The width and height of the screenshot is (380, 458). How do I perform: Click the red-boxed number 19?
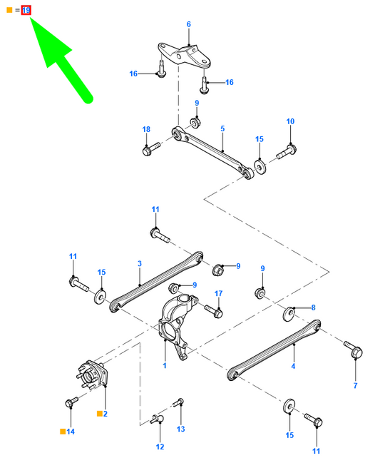point(26,11)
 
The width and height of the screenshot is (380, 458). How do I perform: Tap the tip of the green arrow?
point(30,17)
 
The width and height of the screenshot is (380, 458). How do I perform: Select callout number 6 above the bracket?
point(189,24)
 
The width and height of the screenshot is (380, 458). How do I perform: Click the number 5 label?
point(222,128)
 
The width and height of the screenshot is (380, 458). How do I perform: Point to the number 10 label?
point(290,121)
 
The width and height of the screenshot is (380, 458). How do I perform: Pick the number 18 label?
point(146,129)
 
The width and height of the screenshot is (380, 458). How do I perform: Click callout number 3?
point(140,263)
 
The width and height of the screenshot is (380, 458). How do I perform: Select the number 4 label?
point(293,366)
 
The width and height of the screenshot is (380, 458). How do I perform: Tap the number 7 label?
point(356,385)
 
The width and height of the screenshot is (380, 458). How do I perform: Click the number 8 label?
point(314,307)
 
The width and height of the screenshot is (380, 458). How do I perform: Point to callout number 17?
point(219,293)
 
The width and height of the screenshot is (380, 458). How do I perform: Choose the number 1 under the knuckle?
point(165,365)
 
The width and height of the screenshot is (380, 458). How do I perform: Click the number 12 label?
point(160,447)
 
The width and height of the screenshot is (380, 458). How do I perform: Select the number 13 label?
point(181,429)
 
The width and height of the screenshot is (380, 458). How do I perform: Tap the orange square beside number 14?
point(63,432)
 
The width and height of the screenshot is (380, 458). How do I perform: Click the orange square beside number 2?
point(100,414)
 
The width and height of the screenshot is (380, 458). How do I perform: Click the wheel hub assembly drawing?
point(92,375)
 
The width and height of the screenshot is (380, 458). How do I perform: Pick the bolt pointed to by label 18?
point(151,148)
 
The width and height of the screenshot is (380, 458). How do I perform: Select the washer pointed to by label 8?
point(289,314)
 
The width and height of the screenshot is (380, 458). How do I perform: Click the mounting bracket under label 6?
point(184,56)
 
